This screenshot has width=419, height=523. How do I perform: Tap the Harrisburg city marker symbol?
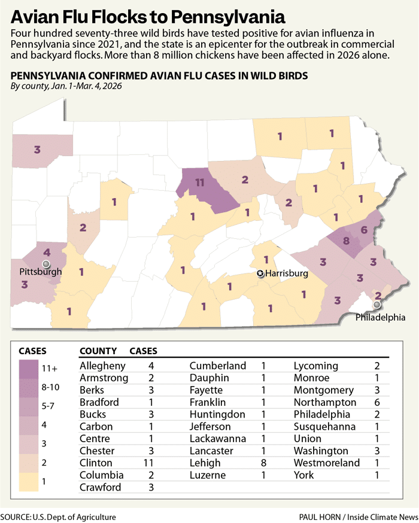pos(260,273)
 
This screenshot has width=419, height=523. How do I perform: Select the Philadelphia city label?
pos(380,317)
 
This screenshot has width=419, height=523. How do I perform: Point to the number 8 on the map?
pos(345,241)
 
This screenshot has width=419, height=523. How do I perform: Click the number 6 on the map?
pos(365,230)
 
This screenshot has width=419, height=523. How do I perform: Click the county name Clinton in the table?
pos(96,463)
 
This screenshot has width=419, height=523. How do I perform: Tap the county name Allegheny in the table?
pos(102,366)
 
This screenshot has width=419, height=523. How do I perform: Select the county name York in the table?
pos(303,475)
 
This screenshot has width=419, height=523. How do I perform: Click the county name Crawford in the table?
pos(100,487)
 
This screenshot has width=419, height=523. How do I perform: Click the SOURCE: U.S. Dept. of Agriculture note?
pos(58,516)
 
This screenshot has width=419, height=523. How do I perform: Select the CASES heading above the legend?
pos(33,351)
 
